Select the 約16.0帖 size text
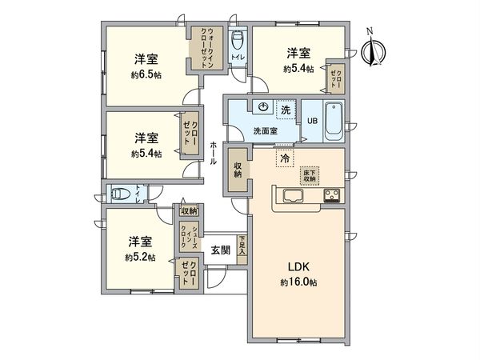point(298,282)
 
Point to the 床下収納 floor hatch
point(310,174)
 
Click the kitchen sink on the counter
point(290,196)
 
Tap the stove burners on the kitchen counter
point(332,196)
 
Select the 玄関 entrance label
point(220,250)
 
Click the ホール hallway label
point(214,152)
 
